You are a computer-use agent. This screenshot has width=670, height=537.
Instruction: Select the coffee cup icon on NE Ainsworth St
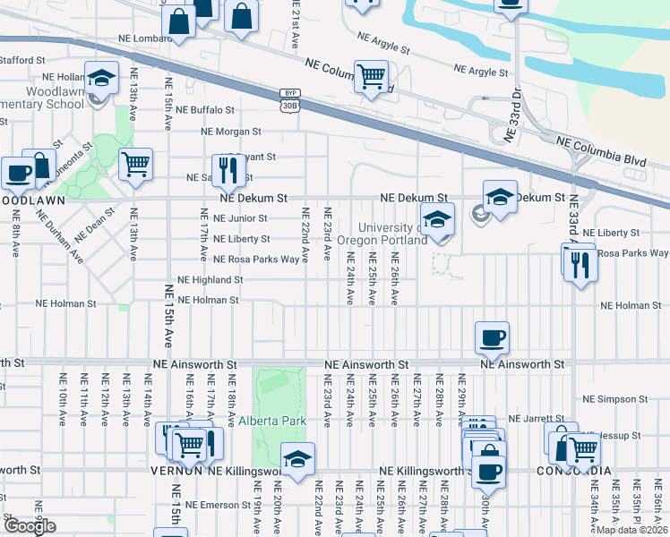(492, 337)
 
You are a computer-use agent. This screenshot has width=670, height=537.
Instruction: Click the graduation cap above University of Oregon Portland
(436, 218)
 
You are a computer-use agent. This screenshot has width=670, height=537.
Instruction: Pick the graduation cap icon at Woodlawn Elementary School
(102, 77)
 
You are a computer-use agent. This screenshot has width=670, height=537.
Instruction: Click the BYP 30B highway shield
(288, 99)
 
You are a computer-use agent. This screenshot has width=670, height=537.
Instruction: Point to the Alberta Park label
(272, 421)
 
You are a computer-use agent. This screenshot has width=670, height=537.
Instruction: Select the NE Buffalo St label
(205, 110)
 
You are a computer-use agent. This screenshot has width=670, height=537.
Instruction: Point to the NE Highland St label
(210, 280)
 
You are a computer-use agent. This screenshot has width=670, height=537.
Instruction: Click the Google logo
(30, 526)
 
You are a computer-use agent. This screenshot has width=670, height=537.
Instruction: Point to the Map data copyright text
(631, 530)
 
